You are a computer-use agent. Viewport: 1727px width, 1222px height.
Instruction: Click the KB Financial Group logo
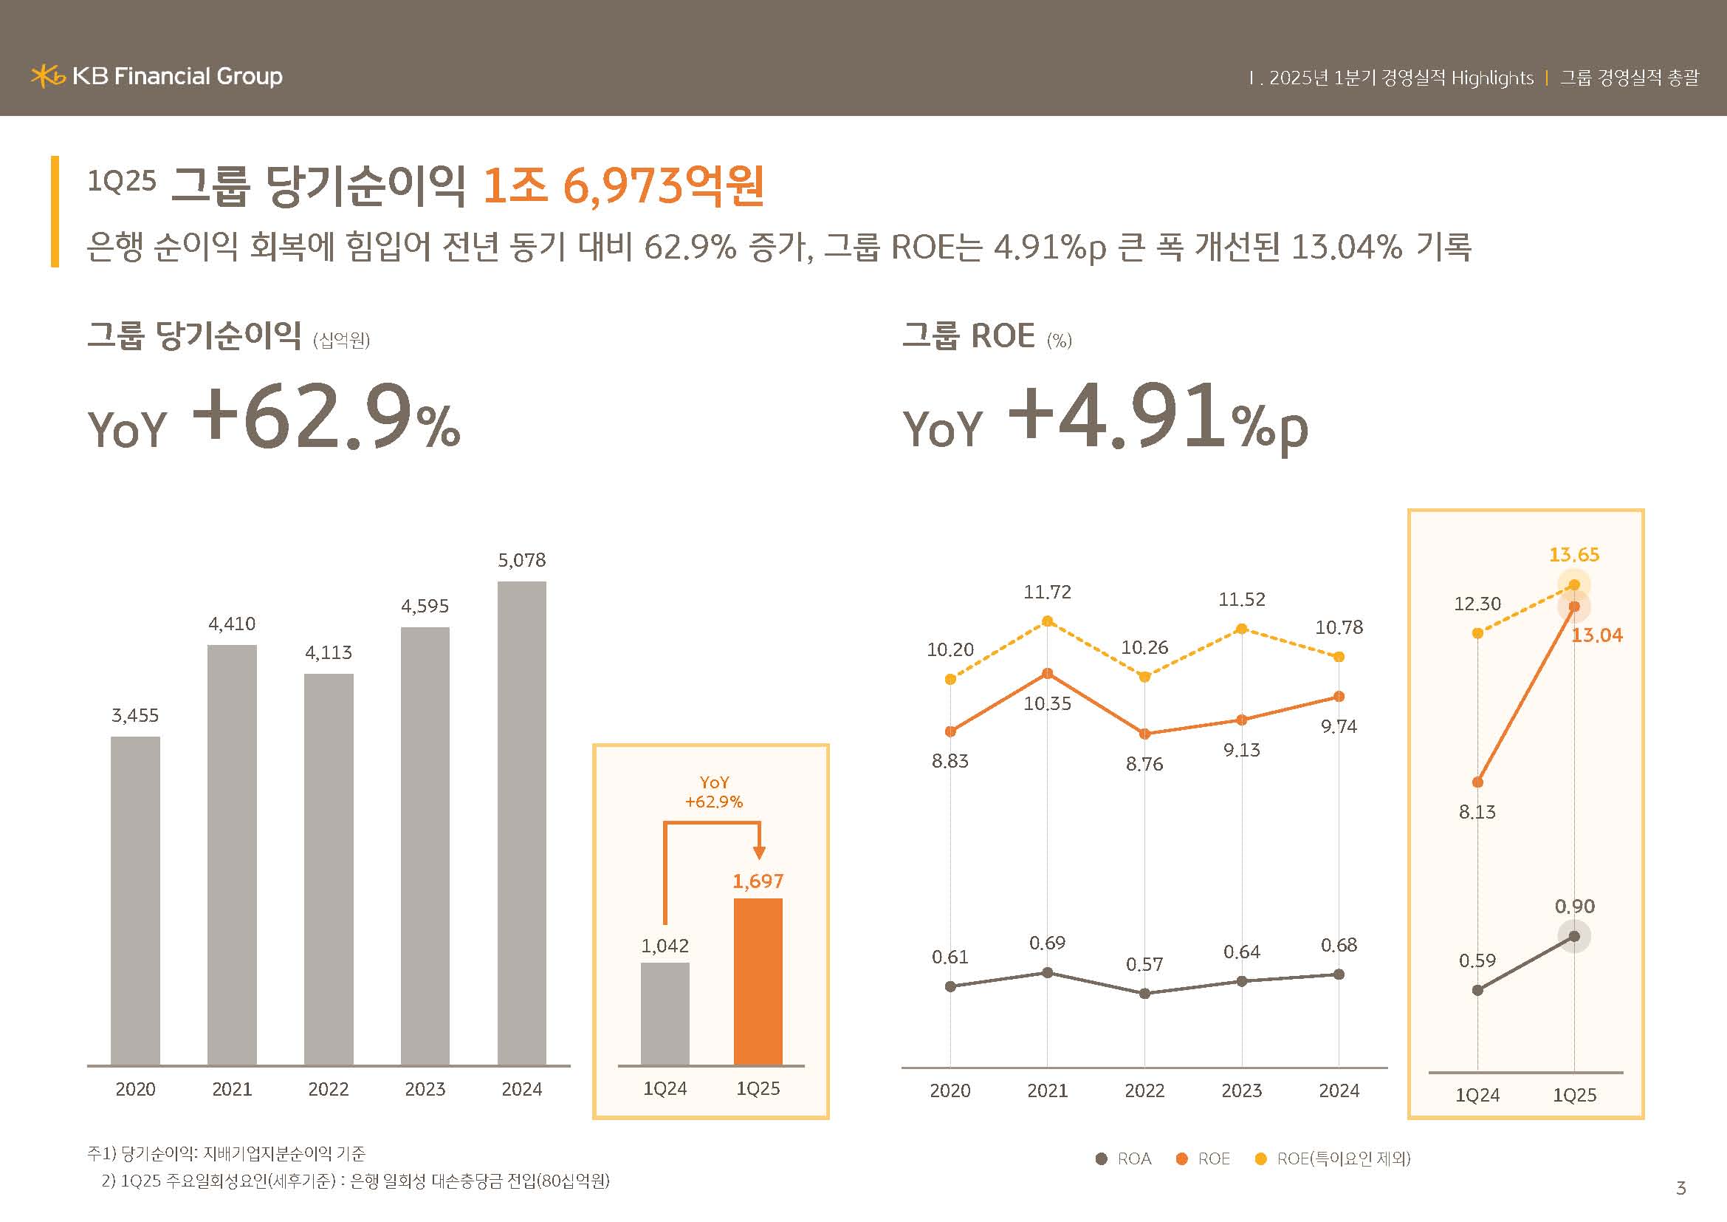(x=157, y=76)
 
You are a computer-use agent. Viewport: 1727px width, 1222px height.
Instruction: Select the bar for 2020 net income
(x=135, y=900)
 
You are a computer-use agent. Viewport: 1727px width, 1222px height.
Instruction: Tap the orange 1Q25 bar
(x=758, y=981)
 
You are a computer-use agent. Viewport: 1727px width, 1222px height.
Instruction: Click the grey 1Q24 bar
(x=665, y=1013)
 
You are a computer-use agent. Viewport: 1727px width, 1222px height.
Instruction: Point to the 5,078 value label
(x=521, y=560)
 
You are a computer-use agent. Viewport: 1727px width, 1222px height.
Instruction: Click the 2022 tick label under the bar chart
(x=328, y=1089)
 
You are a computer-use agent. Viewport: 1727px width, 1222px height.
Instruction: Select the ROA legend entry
(x=1124, y=1158)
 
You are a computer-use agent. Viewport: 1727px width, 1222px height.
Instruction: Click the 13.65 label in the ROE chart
(x=1573, y=555)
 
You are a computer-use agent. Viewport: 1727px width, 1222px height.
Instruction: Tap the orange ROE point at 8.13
(x=1477, y=782)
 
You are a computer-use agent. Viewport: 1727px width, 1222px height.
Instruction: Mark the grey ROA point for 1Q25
(x=1574, y=937)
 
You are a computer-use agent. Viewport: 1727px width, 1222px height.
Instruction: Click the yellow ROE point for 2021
(x=1047, y=621)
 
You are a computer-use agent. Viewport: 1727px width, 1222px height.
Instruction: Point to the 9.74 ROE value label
(x=1339, y=726)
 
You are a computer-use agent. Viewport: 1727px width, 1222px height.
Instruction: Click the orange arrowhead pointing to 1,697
(x=759, y=853)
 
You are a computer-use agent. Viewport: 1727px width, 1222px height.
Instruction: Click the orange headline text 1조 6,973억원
(x=623, y=185)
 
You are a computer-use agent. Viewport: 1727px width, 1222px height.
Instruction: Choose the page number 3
(x=1681, y=1188)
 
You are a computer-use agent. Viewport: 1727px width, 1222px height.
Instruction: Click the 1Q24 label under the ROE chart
(x=1477, y=1095)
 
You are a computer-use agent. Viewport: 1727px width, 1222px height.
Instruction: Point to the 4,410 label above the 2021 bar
(x=232, y=624)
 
